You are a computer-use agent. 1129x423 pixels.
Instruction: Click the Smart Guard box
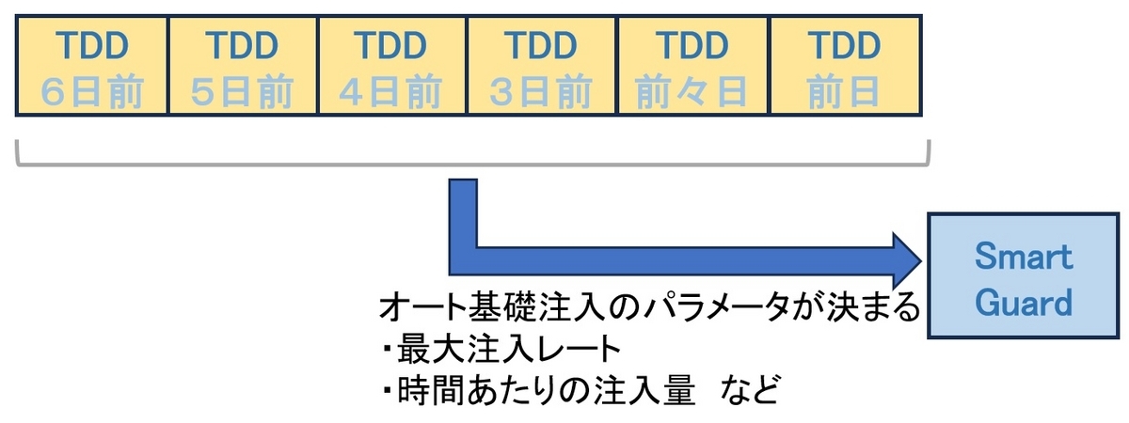[x=1023, y=276]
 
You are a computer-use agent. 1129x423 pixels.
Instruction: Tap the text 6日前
[x=91, y=91]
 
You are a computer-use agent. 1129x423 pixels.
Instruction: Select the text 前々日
[x=693, y=91]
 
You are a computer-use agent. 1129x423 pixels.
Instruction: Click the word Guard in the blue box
[x=1023, y=302]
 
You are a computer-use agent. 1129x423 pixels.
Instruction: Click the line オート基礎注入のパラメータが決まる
[x=648, y=308]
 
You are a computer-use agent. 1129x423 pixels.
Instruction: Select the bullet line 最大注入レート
[x=508, y=349]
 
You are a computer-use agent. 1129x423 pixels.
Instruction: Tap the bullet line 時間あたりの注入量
[x=535, y=388]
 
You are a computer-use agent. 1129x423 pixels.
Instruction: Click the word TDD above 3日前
[x=543, y=44]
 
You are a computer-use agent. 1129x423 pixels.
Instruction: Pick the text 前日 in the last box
[x=844, y=91]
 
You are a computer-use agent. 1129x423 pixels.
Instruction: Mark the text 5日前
[x=242, y=91]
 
